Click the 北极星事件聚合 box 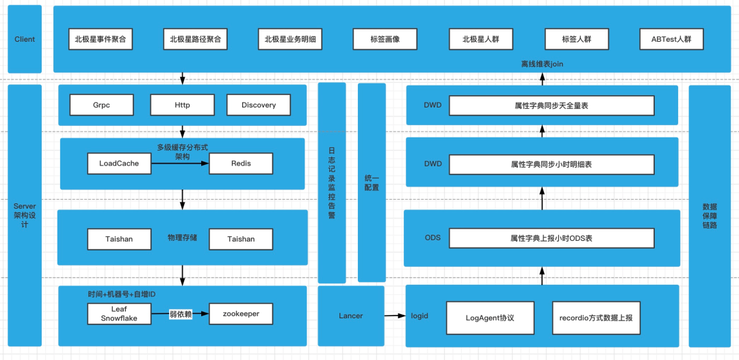(101, 39)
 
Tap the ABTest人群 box (671, 39)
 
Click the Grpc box (101, 105)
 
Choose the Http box (182, 105)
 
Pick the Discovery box (259, 105)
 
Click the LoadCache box (119, 164)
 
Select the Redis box (241, 164)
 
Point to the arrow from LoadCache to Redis (180, 164)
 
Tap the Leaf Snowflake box (119, 313)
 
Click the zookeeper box (241, 313)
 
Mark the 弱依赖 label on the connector (180, 314)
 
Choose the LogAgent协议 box (489, 318)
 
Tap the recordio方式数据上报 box (595, 318)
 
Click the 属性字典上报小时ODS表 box (551, 238)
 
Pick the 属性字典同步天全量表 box (551, 105)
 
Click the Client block (25, 39)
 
